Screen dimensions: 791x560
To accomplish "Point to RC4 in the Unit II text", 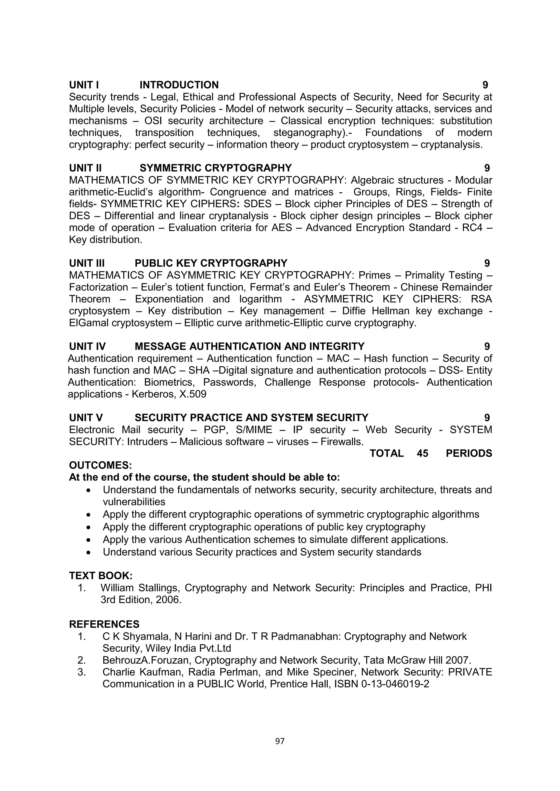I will tap(472, 228).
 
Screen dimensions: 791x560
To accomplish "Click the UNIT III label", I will tap(87, 263).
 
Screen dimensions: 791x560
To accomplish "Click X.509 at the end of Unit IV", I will tap(193, 394).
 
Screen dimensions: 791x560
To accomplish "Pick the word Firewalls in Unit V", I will tap(342, 442).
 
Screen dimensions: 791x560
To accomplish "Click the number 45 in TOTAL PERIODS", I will tap(422, 453).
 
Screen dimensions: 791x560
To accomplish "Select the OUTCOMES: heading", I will tap(100, 465).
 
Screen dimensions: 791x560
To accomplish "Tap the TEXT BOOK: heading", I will tap(101, 576).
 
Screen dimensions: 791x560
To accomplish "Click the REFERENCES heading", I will tap(104, 624).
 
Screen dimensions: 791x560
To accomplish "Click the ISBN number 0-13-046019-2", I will tap(395, 684).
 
